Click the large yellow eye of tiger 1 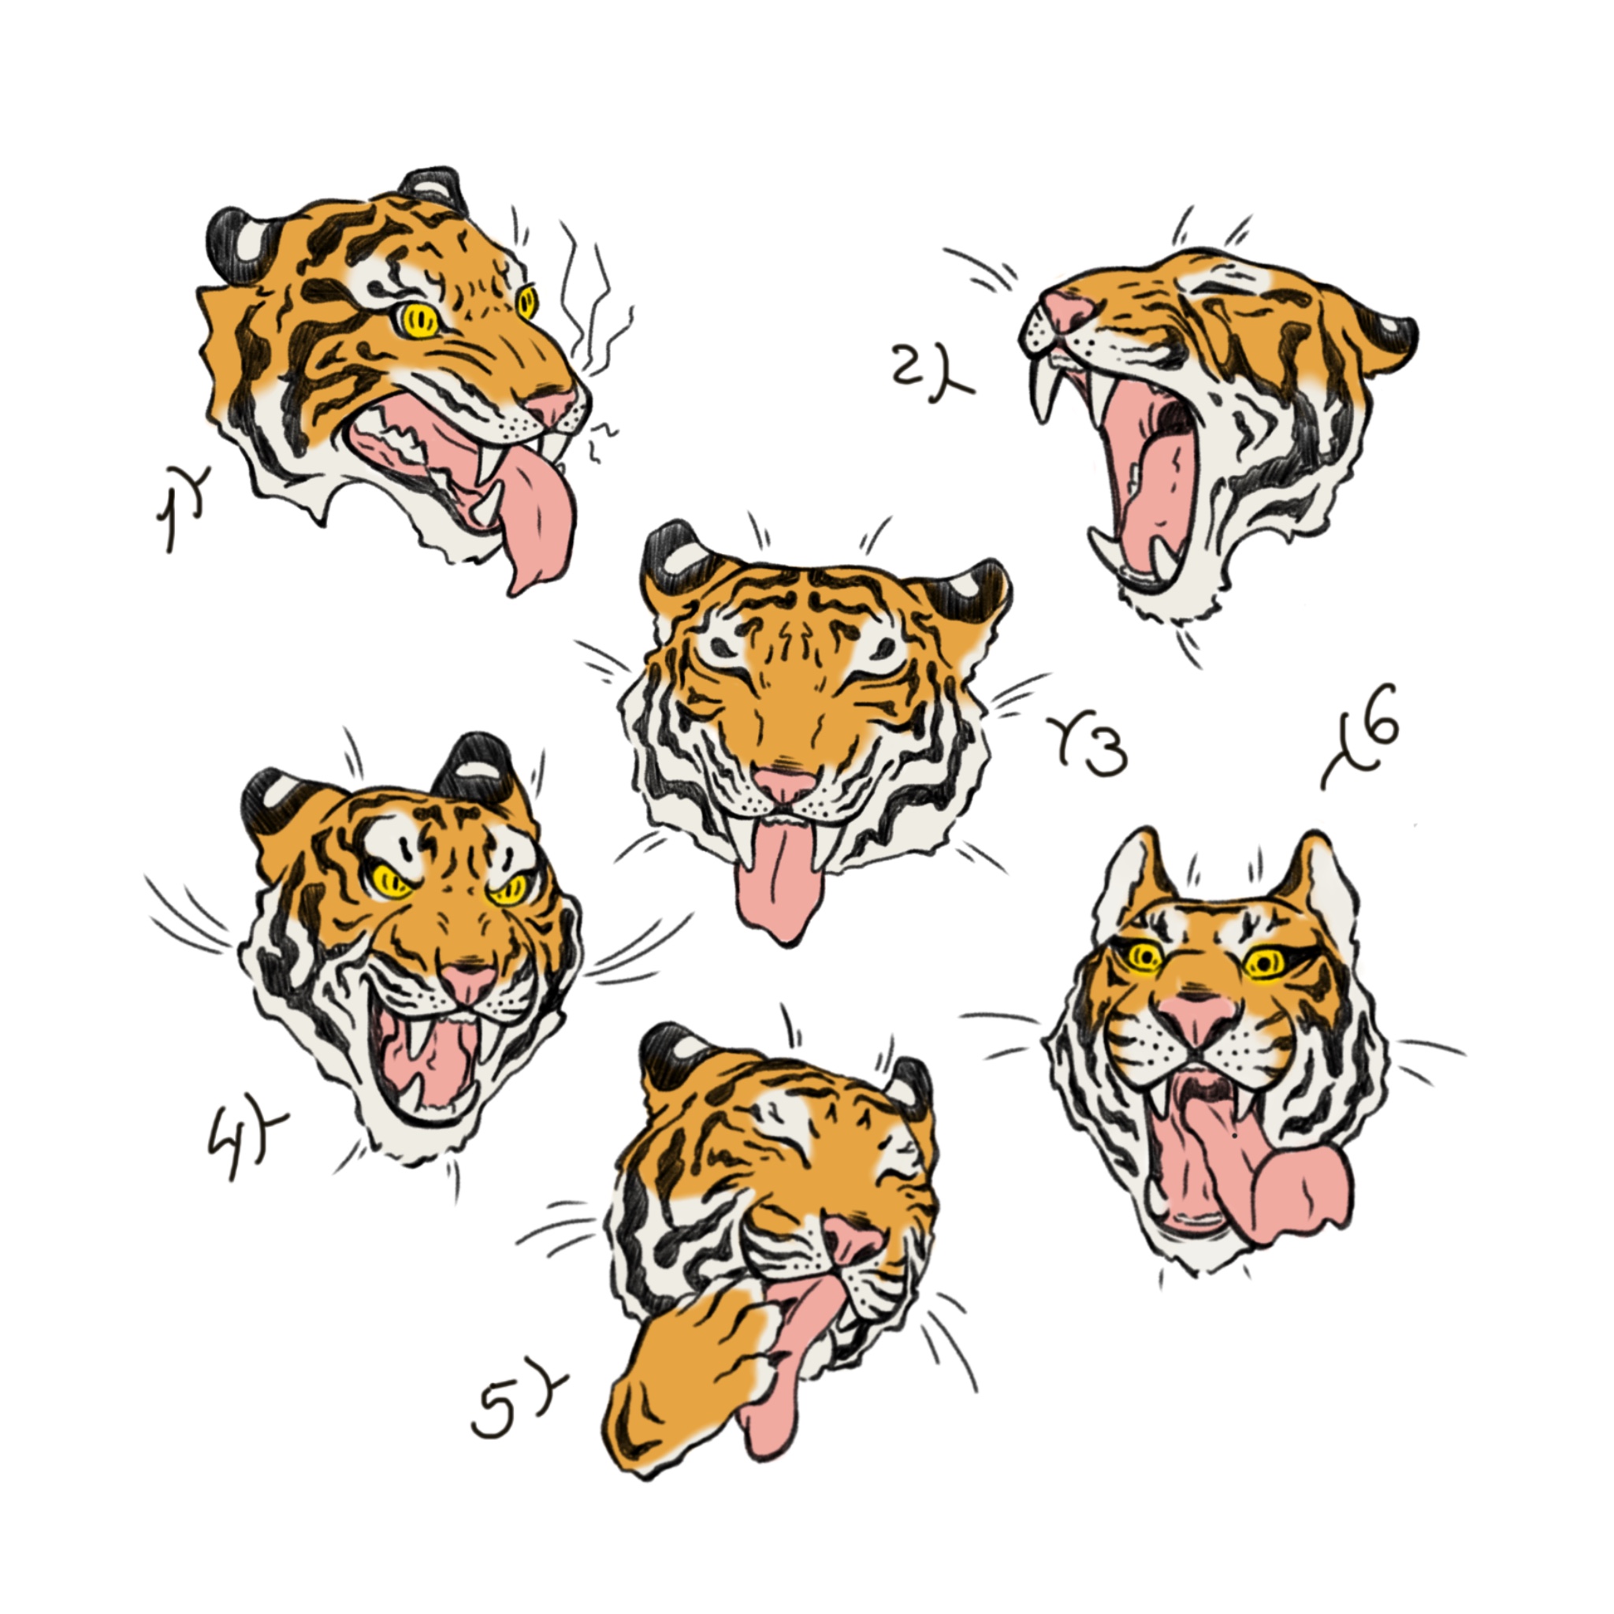pos(417,320)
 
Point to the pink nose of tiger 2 pos(1070,307)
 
